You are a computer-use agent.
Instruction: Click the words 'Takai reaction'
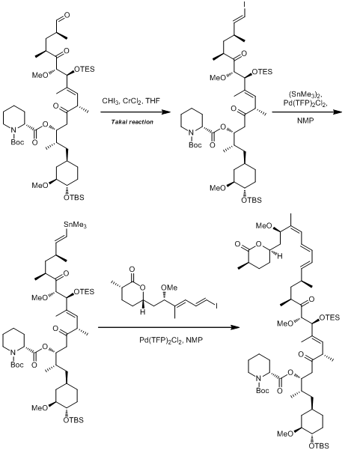[132, 122]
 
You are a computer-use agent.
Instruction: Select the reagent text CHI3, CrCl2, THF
[131, 101]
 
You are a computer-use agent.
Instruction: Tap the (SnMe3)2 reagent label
[305, 94]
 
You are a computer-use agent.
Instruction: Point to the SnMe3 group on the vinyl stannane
[75, 225]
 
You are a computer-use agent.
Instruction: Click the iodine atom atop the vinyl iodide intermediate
[245, 4]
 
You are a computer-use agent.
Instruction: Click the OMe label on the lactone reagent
[169, 288]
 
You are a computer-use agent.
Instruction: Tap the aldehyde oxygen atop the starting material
[67, 14]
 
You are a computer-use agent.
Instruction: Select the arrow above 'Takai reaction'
[135, 112]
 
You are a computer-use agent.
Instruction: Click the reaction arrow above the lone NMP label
[307, 112]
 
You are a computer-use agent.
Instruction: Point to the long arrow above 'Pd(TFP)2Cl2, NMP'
[169, 327]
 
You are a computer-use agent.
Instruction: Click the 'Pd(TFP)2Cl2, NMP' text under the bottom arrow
[171, 340]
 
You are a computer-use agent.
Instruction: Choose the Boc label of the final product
[263, 391]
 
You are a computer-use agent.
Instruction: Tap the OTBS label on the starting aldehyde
[74, 198]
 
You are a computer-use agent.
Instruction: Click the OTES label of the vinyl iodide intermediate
[262, 71]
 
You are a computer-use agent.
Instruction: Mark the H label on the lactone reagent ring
[143, 312]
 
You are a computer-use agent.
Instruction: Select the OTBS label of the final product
[319, 446]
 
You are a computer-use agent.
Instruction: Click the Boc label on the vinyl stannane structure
[17, 365]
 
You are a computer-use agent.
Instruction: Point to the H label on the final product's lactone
[280, 256]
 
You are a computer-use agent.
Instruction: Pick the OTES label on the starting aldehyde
[85, 69]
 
